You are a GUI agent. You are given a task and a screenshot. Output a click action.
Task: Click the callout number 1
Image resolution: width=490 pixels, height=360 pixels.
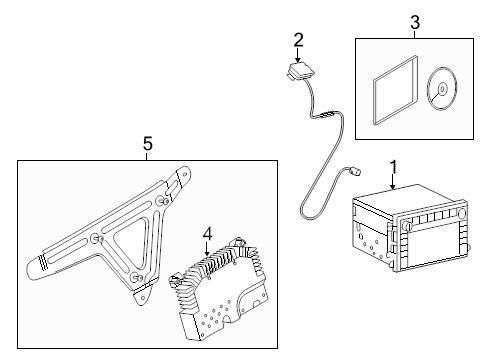click(x=394, y=167)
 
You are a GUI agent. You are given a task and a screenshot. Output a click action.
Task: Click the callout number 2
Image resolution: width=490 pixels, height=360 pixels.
click(x=299, y=40)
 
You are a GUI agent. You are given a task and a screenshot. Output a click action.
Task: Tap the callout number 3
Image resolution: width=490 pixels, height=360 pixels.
click(x=415, y=23)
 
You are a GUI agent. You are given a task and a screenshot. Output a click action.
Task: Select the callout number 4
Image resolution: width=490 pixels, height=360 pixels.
click(x=207, y=233)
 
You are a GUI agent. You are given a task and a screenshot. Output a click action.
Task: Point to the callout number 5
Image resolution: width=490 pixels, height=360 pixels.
click(x=148, y=144)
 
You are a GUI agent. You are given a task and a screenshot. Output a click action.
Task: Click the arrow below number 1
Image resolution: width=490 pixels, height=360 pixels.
click(x=393, y=182)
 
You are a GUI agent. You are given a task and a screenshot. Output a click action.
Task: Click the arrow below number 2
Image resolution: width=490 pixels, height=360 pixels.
click(x=298, y=55)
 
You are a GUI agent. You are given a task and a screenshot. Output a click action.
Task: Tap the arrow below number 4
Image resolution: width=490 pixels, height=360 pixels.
click(x=207, y=249)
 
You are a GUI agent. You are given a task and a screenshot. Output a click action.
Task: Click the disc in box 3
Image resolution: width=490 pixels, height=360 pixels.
click(x=442, y=88)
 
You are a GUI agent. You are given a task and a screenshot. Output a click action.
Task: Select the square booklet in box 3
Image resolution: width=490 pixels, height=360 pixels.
click(x=395, y=91)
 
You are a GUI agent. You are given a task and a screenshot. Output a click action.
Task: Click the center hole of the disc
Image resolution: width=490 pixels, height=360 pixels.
click(x=442, y=89)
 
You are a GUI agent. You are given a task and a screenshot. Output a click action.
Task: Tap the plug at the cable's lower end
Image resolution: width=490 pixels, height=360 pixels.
click(x=357, y=172)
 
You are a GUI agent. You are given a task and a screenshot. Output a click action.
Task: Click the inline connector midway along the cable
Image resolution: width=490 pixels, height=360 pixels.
click(x=327, y=115)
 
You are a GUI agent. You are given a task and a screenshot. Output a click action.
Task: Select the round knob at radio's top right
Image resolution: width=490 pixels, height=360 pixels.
click(x=462, y=213)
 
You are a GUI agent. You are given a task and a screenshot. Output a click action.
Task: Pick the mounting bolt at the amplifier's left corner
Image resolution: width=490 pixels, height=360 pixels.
click(x=175, y=281)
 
